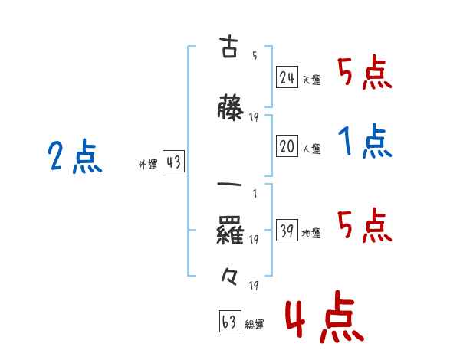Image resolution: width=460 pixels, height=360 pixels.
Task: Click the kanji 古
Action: tap(228, 47)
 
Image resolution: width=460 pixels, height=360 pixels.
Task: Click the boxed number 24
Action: tap(287, 77)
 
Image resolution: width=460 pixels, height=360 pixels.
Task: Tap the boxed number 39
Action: tap(287, 232)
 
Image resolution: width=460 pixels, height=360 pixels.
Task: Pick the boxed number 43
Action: tap(173, 162)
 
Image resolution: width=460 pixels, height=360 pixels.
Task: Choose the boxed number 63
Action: tap(228, 322)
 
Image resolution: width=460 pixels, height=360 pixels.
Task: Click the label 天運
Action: tap(311, 80)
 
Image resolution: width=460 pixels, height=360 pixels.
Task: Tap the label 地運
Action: tap(311, 234)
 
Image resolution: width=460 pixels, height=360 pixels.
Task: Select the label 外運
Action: tap(148, 165)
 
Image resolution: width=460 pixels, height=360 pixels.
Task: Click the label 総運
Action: tap(254, 325)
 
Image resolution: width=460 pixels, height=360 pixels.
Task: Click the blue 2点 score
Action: tap(74, 158)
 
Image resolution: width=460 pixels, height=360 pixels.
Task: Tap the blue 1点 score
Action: tap(363, 142)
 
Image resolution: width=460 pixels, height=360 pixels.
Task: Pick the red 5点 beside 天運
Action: tap(363, 74)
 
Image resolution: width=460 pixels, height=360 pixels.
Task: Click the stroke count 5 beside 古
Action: tap(254, 55)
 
